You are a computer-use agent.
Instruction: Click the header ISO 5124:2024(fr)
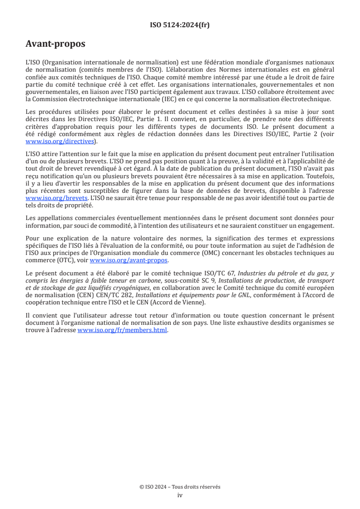pyautogui.click(x=180, y=25)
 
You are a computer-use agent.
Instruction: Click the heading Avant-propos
pyautogui.click(x=55, y=44)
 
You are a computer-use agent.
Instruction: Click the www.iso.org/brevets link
pyautogui.click(x=56, y=198)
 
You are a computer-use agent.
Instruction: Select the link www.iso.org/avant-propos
pyautogui.click(x=129, y=260)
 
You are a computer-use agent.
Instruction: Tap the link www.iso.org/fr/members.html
pyautogui.click(x=123, y=330)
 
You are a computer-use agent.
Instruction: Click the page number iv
pyautogui.click(x=180, y=495)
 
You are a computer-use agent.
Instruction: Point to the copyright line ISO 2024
pyautogui.click(x=180, y=487)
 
